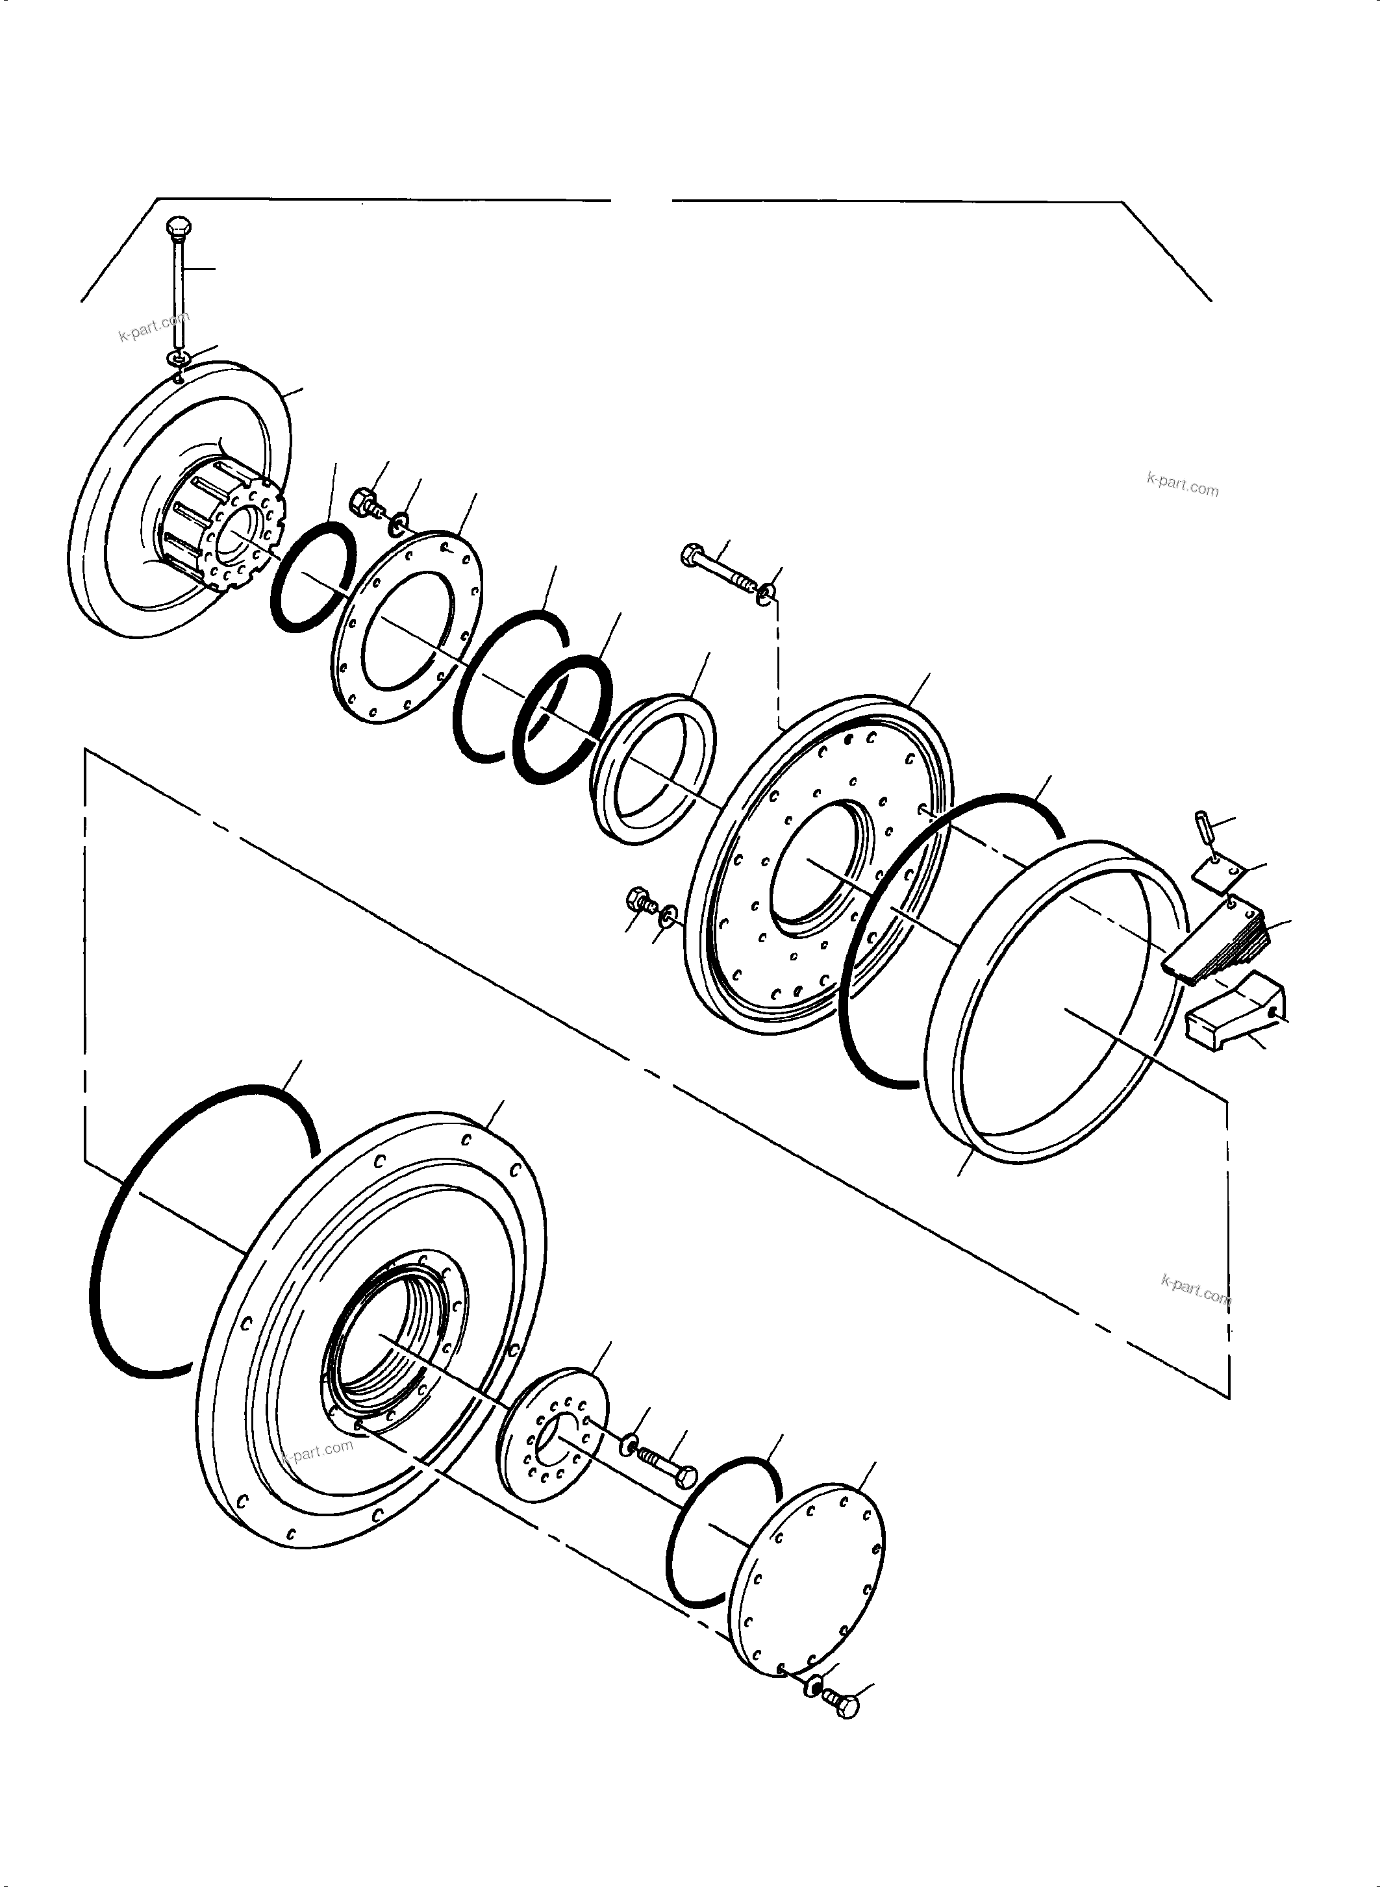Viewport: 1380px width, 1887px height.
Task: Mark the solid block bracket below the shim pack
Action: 1232,1015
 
